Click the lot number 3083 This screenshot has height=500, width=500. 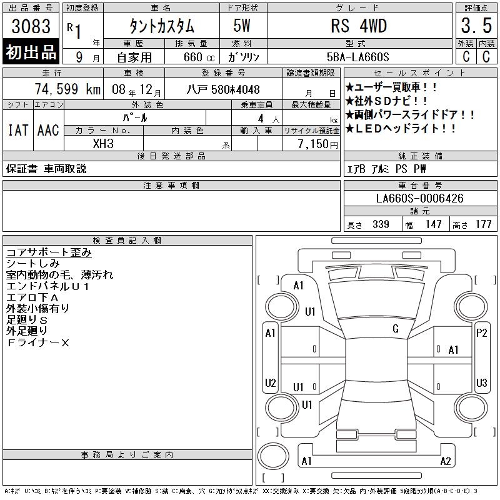tap(31, 26)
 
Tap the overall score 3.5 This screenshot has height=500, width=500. tap(476, 26)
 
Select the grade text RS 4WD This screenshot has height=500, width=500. tap(359, 26)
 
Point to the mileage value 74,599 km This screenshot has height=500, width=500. tap(67, 89)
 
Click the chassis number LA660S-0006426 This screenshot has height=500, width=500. tap(419, 198)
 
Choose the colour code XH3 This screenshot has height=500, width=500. tap(103, 144)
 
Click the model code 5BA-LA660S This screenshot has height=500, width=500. tap(357, 57)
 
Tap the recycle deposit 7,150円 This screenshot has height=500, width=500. tap(318, 144)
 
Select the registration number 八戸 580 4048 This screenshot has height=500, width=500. tap(223, 89)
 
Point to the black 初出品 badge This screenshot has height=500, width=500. tap(31, 52)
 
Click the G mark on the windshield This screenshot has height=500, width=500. tap(396, 329)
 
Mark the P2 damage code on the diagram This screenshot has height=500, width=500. tap(481, 333)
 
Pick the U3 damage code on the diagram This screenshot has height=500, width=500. tap(481, 382)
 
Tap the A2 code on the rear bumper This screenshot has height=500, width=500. tap(446, 461)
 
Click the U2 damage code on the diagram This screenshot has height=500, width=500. tap(271, 382)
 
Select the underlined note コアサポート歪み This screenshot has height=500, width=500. tap(49, 252)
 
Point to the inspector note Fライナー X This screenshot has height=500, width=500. tap(37, 342)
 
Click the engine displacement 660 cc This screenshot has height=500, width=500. tap(199, 57)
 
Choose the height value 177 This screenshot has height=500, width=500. tap(483, 224)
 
